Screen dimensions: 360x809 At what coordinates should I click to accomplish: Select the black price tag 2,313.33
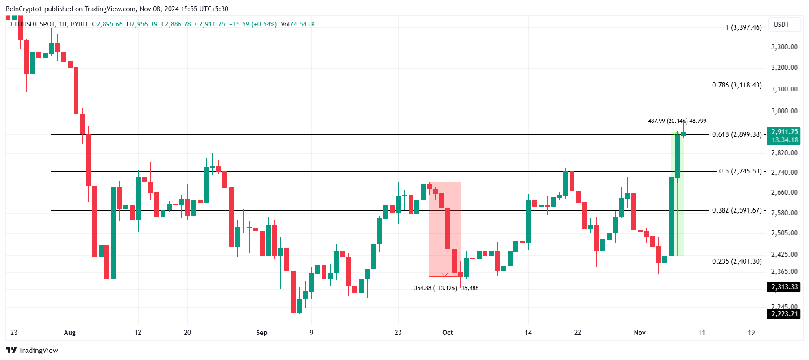784,287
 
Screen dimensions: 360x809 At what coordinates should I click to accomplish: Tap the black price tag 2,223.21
784,314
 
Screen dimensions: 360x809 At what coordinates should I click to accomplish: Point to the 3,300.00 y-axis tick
784,47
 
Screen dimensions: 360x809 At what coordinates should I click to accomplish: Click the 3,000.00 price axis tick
784,111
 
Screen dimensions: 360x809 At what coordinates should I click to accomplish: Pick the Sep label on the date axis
261,333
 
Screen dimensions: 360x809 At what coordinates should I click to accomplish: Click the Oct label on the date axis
448,333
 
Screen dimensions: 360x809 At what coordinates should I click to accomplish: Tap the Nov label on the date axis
639,333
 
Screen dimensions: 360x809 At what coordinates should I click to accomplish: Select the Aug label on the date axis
70,333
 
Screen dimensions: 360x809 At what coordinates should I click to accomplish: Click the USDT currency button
781,25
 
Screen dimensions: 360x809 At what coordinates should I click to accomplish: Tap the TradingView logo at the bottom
32,350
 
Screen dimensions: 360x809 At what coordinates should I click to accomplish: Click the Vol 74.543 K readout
298,24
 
